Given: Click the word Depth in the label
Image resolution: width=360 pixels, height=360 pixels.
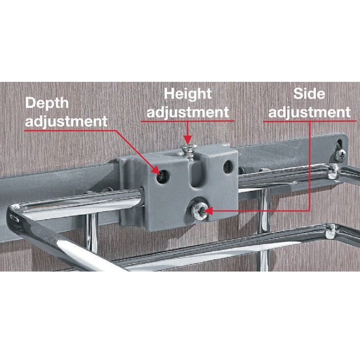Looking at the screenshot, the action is click(x=47, y=104).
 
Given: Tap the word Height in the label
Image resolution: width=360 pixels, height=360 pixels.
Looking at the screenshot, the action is click(x=188, y=94).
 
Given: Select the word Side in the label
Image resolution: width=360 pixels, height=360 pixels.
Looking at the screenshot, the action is click(x=309, y=94).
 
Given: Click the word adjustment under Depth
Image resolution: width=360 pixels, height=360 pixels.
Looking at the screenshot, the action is click(x=66, y=122).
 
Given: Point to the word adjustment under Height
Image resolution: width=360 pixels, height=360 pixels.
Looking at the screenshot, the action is click(x=188, y=112).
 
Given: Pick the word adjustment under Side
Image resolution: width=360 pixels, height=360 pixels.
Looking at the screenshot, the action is click(x=309, y=112).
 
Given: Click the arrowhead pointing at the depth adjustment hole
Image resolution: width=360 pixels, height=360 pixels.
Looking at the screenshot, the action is click(x=156, y=171).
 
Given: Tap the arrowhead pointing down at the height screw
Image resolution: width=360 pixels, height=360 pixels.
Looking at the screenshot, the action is click(x=188, y=140).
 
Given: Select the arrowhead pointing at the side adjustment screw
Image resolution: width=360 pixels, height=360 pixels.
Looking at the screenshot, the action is click(x=208, y=211).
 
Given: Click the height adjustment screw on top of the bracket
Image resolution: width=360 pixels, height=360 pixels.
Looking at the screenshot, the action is click(x=188, y=152).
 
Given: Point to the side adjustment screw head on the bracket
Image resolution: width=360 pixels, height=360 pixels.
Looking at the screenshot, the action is click(x=199, y=211).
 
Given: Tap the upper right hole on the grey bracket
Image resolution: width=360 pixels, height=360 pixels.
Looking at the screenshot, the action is click(x=228, y=167).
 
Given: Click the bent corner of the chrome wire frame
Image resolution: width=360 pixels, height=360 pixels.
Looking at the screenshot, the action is click(x=14, y=215).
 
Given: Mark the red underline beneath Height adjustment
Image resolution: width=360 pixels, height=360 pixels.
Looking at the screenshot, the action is click(x=188, y=121).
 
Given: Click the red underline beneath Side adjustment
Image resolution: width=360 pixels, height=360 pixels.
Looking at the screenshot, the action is click(x=310, y=121).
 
